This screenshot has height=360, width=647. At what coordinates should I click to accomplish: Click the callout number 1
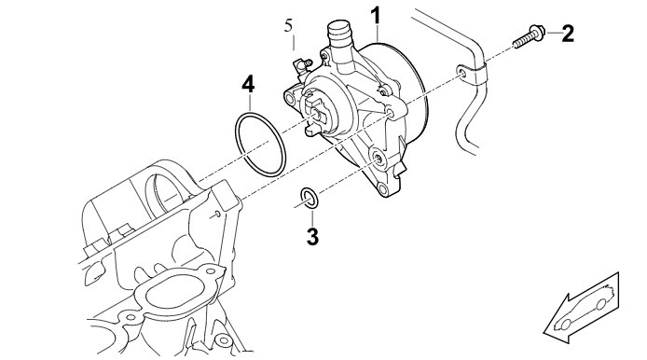click(376, 16)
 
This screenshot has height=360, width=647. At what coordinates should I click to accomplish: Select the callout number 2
click(568, 34)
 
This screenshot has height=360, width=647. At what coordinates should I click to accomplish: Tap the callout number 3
click(312, 237)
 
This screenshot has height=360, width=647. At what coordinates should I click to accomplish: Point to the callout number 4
click(248, 84)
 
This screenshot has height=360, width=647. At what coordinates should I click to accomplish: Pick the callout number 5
click(288, 25)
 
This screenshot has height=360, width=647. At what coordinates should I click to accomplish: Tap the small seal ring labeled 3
click(309, 198)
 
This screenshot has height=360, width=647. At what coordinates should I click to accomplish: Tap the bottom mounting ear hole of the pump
click(382, 189)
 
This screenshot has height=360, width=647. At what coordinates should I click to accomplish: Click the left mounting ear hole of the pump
click(290, 98)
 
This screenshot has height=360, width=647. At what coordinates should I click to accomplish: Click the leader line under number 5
click(294, 43)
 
